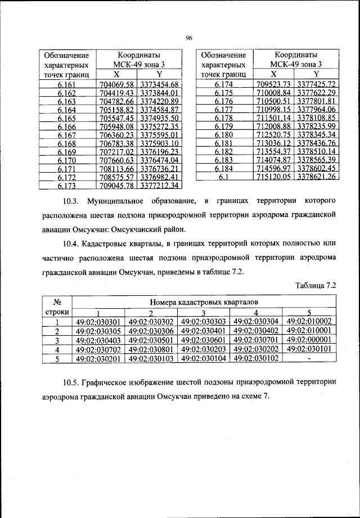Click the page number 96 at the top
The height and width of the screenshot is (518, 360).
(x=189, y=38)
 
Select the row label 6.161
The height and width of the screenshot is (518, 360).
(x=66, y=84)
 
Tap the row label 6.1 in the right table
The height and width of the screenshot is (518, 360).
(x=223, y=177)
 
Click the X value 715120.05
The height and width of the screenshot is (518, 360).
(x=273, y=177)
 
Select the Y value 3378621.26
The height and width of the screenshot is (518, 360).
(x=317, y=177)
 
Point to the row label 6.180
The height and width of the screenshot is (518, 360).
(x=223, y=135)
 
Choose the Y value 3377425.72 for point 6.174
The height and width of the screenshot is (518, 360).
(x=317, y=84)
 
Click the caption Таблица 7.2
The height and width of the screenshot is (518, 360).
(x=316, y=285)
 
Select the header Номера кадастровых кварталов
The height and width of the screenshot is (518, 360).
(x=205, y=302)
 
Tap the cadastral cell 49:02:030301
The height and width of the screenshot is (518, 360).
(x=98, y=322)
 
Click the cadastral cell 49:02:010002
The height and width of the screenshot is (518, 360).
(x=309, y=321)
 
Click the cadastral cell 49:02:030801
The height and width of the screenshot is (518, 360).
(x=151, y=349)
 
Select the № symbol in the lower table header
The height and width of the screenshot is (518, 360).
(x=56, y=302)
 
